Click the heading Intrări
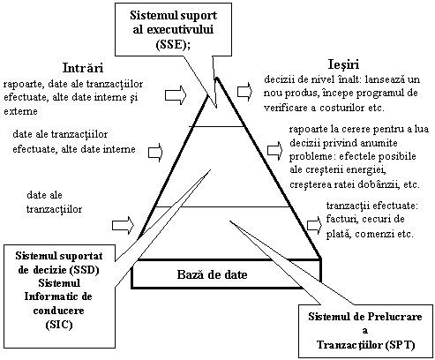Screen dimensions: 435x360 (83, 68)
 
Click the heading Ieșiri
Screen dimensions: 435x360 (343, 64)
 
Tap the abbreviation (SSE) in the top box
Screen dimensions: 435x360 (172, 44)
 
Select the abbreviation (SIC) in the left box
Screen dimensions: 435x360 (59, 325)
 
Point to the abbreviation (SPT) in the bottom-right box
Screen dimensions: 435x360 (400, 345)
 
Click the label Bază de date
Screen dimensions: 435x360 (212, 274)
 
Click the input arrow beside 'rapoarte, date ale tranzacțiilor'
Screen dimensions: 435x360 (176, 95)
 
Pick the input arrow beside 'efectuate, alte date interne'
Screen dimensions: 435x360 (155, 153)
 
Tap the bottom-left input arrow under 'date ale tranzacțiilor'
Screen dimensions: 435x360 (123, 226)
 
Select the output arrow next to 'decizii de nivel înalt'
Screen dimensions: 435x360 (244, 92)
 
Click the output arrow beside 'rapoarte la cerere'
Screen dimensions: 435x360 (274, 151)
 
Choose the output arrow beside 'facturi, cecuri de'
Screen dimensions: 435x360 (314, 225)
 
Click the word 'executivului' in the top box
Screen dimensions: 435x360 (173, 30)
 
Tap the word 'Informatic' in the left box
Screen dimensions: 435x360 (49, 296)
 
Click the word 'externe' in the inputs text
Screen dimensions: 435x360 (20, 111)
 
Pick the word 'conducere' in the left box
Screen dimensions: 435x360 (59, 311)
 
